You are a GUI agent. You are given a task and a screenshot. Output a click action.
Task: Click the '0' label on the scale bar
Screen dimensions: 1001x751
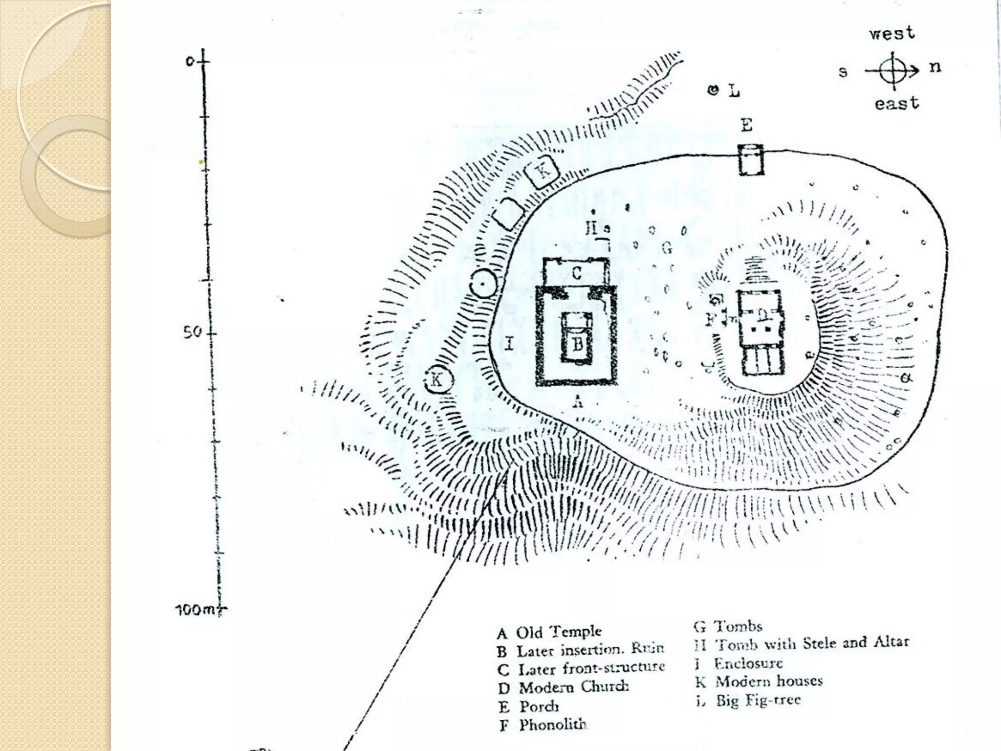[x=190, y=61]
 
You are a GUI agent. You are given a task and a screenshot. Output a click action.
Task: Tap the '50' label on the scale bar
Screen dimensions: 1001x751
[x=192, y=332]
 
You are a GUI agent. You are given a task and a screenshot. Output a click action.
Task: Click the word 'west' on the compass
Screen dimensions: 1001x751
[x=892, y=34]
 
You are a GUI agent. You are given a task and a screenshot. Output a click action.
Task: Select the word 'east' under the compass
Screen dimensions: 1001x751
[x=897, y=104]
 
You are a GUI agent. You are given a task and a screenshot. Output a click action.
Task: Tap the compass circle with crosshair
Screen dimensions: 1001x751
[x=893, y=71]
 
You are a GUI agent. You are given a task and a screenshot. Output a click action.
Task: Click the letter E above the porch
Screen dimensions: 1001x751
[x=746, y=126]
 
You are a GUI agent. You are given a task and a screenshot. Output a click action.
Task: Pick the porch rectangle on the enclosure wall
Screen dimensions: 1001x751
[x=751, y=160]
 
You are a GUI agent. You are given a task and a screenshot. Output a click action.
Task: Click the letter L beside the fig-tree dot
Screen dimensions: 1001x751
[x=734, y=91]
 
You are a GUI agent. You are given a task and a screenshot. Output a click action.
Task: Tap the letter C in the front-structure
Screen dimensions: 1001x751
[x=577, y=273]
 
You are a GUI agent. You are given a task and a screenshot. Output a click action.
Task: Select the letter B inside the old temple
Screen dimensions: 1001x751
[x=577, y=344]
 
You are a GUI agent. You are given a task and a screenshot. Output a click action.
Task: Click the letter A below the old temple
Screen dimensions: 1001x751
[x=578, y=402]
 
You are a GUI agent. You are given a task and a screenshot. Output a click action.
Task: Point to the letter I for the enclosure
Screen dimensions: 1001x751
[x=509, y=344]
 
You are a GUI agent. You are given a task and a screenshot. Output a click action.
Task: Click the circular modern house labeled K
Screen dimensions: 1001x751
[x=437, y=379]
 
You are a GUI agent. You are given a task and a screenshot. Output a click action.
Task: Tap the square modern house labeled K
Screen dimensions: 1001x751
[x=542, y=171]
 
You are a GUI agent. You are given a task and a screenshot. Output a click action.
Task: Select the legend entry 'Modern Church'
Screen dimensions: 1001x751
[x=573, y=687]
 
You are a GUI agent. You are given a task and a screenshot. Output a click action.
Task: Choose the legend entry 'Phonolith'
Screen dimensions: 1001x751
[x=552, y=725]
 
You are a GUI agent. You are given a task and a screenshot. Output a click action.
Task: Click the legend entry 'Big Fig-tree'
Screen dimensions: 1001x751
[x=758, y=701]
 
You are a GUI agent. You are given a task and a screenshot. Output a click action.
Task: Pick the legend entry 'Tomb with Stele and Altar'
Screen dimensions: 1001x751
[x=811, y=643]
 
